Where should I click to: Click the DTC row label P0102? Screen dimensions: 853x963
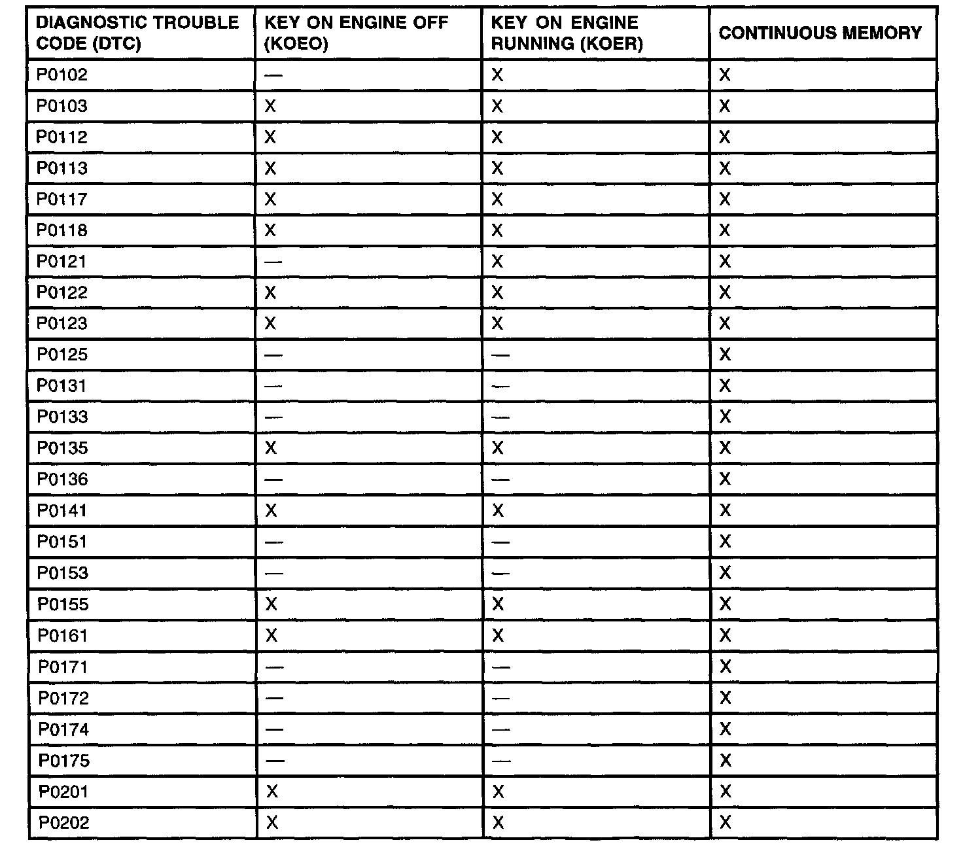(61, 75)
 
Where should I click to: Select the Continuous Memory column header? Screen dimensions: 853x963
(820, 33)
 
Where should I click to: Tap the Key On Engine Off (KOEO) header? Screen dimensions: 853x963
(356, 33)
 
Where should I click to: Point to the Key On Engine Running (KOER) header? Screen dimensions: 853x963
(567, 33)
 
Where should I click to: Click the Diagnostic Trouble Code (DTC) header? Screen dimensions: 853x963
(137, 33)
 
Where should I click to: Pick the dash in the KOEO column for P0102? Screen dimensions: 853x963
(273, 75)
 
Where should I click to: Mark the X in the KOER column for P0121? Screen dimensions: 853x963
(497, 262)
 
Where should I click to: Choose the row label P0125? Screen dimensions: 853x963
(62, 355)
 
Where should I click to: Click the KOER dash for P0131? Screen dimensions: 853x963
(500, 386)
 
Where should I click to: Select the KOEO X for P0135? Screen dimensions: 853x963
(270, 448)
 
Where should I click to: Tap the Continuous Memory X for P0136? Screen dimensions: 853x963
(725, 479)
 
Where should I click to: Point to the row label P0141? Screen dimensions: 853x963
(62, 510)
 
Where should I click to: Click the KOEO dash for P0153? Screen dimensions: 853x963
(273, 573)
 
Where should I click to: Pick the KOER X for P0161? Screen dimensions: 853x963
(498, 635)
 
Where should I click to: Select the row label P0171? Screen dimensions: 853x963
(63, 667)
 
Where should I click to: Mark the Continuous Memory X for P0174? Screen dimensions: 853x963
(725, 729)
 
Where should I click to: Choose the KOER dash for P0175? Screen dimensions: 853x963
(500, 761)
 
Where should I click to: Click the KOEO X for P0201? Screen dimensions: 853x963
(272, 792)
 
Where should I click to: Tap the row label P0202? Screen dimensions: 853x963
(63, 823)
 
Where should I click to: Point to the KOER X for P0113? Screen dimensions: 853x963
(497, 168)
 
